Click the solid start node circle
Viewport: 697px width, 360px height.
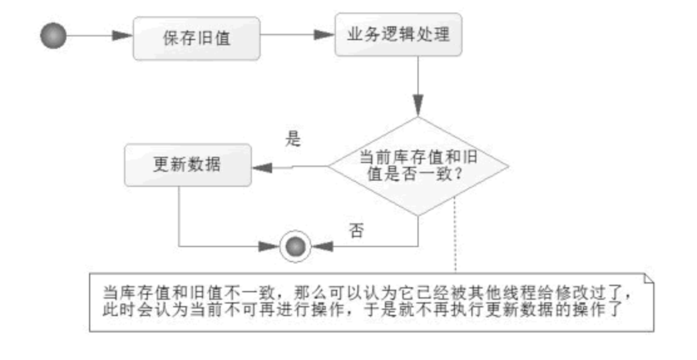(53, 36)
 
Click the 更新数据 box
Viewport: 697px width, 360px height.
(187, 165)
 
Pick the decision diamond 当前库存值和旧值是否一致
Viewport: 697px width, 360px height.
(419, 166)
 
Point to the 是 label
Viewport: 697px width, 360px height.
(293, 139)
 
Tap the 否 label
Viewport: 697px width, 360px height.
(355, 230)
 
